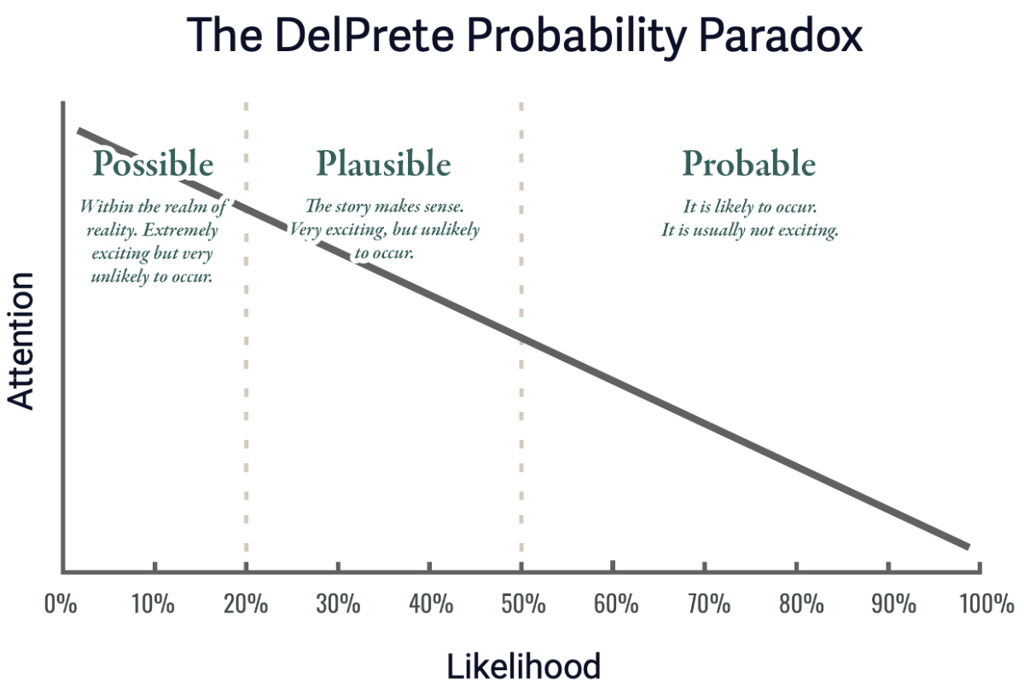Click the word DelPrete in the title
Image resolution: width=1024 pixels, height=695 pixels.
coord(364,36)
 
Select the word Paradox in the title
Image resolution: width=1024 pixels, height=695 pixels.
coord(780,36)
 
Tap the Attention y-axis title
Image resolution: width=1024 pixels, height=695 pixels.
coord(21,341)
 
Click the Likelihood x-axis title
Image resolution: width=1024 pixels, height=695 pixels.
coord(523,667)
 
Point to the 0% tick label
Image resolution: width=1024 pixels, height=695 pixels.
coord(61,604)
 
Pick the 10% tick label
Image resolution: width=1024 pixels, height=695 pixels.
coord(153,604)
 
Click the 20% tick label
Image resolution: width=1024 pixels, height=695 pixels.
coord(246,604)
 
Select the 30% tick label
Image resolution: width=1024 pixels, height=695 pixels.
coord(338,604)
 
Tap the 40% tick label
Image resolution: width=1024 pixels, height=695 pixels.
coord(431,604)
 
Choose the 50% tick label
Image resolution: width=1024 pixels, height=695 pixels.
coord(523,604)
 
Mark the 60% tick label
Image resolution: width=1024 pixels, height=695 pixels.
coord(616,604)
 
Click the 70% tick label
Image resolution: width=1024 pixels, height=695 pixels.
coord(709,604)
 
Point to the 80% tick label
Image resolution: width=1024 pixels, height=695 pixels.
coord(801,604)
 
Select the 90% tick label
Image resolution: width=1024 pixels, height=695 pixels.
coord(893,604)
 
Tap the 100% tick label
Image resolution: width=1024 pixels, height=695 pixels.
coord(987,604)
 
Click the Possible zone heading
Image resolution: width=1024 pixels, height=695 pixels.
coord(153,164)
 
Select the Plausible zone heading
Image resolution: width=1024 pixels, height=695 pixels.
coord(384,164)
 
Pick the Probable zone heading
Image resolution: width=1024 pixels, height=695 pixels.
coord(749,163)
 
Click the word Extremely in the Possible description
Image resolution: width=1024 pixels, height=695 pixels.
coord(181,230)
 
